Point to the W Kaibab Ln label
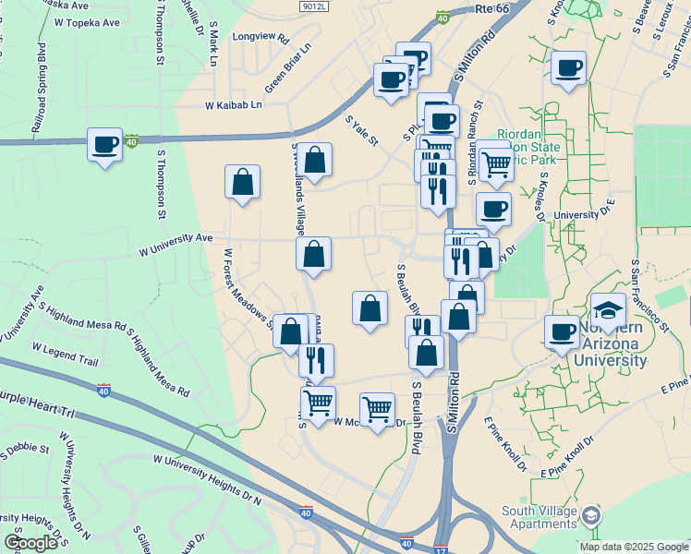(x=234, y=105)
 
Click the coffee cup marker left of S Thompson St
(x=104, y=145)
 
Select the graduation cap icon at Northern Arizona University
(x=608, y=309)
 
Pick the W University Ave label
(x=176, y=249)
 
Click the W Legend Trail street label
(x=65, y=355)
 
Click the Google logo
(x=30, y=543)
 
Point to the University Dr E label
(x=584, y=214)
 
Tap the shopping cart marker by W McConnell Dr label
(x=377, y=408)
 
